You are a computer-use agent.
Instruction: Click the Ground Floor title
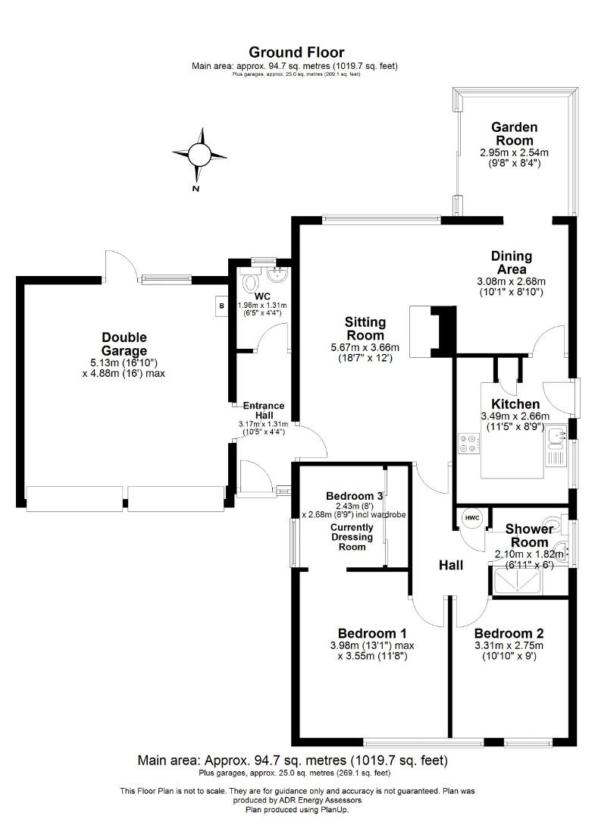coord(296,52)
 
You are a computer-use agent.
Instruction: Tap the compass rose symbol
coord(199,154)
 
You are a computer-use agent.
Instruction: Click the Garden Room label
coord(514,133)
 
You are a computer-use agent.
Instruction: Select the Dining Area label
coord(512,262)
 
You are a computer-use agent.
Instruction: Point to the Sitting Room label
coord(365,328)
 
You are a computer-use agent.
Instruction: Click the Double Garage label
coord(124,344)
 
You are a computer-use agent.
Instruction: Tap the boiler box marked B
coord(221,306)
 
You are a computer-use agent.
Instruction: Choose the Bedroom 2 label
coord(509,633)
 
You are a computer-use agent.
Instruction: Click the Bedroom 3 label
coord(343,495)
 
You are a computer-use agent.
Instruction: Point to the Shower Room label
coord(527,535)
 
